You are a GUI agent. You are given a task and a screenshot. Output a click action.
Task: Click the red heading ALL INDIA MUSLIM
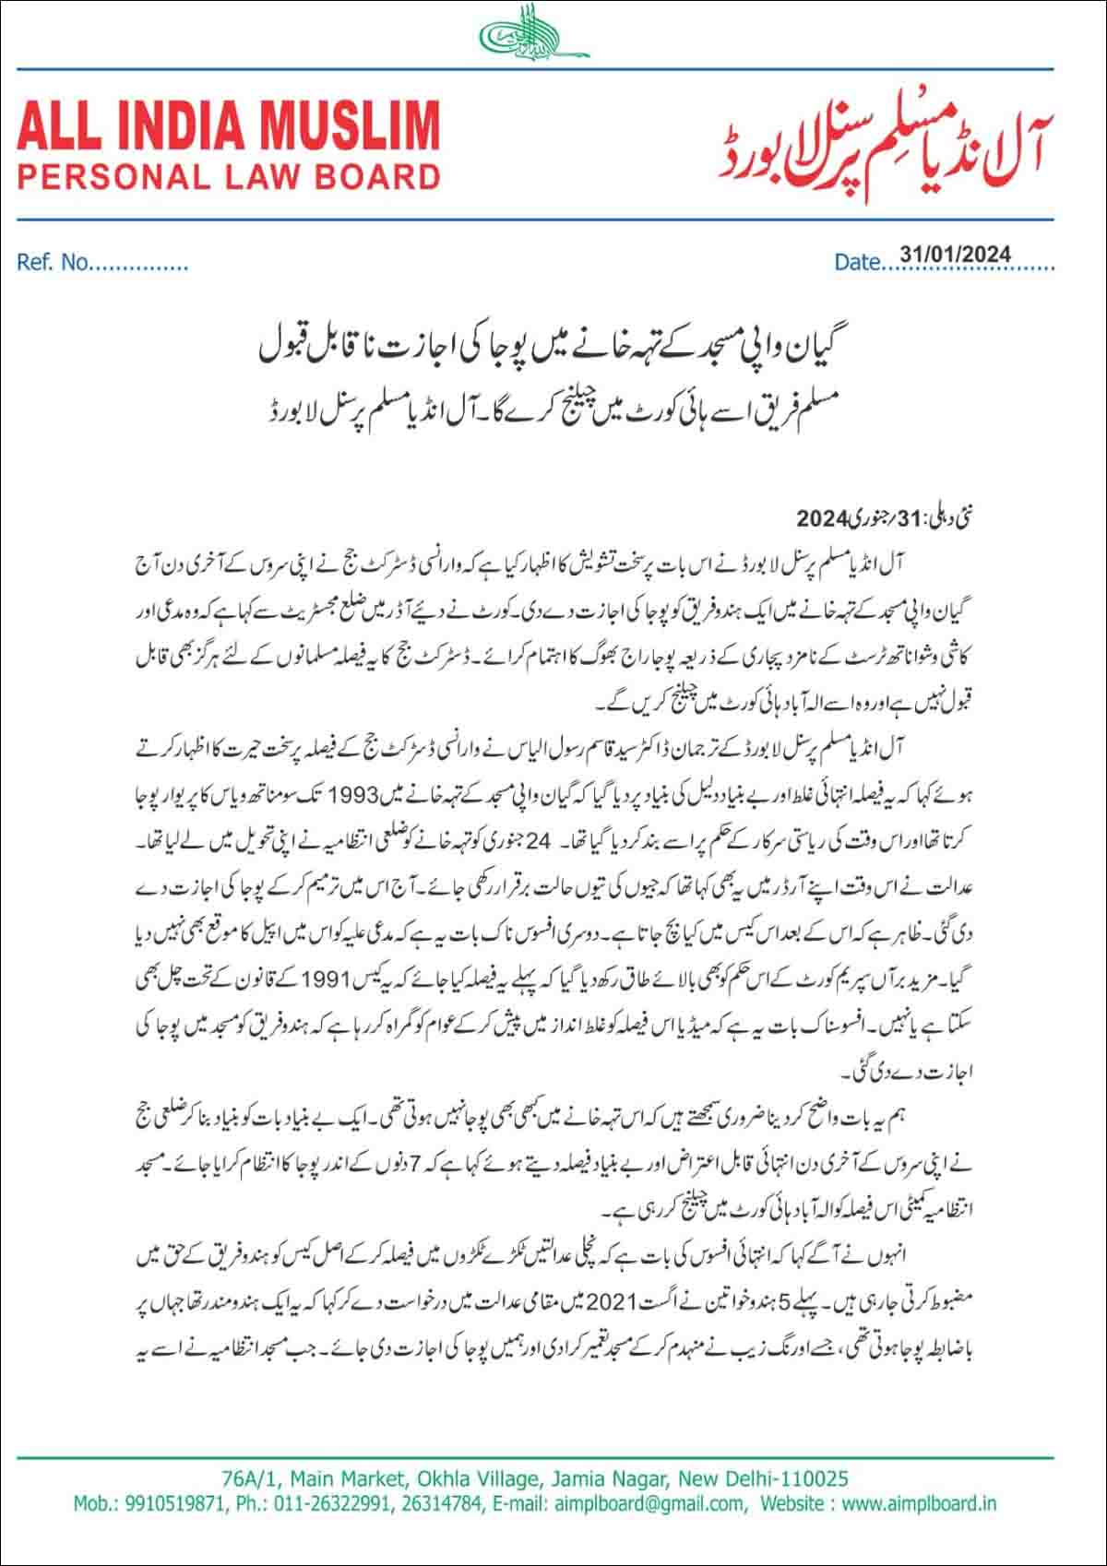[228, 126]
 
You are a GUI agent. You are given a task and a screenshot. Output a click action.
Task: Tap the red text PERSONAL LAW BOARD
[228, 175]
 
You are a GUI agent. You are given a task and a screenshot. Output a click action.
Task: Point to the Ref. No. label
[54, 263]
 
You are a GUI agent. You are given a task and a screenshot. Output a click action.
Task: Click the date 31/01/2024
[955, 255]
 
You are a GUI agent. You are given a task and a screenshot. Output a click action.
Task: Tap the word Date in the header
[856, 263]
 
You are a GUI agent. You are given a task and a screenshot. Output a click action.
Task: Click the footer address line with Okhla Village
[535, 1479]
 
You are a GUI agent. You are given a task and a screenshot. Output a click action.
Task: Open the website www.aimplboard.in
[919, 1503]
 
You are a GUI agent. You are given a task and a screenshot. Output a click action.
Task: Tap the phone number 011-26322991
[339, 1503]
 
